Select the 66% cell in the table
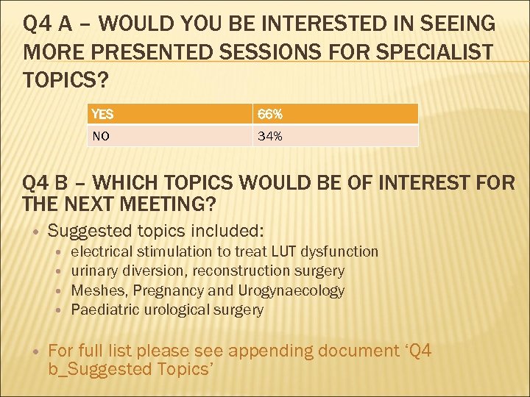(x=269, y=114)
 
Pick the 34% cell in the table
(x=269, y=136)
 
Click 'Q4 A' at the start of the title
(x=51, y=24)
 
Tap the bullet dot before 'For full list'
(x=35, y=351)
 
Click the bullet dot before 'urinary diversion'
(x=59, y=271)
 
